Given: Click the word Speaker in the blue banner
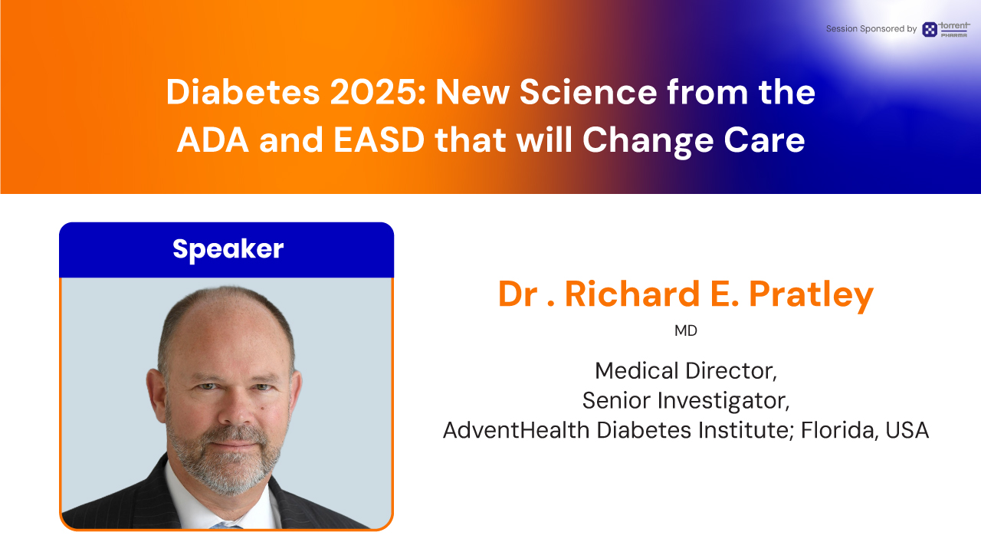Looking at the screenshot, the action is pyautogui.click(x=228, y=249).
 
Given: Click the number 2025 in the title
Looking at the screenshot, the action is pyautogui.click(x=378, y=93).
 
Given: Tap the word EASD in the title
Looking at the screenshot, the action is pyautogui.click(x=379, y=140).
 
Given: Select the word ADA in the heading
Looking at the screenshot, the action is pyautogui.click(x=213, y=140).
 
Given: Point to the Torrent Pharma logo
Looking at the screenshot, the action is pyautogui.click(x=946, y=29).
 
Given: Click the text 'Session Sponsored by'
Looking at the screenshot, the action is pyautogui.click(x=871, y=29).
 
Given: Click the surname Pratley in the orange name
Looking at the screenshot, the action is pyautogui.click(x=811, y=294).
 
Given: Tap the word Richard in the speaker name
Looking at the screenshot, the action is pyautogui.click(x=632, y=294).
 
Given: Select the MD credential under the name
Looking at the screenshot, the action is pyautogui.click(x=686, y=330).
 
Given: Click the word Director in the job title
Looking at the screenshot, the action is pyautogui.click(x=731, y=371).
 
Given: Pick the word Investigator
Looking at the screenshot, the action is pyautogui.click(x=723, y=400).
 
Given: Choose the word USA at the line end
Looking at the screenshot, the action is pyautogui.click(x=907, y=430).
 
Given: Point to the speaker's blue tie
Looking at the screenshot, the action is pyautogui.click(x=225, y=525).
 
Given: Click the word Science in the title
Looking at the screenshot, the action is pyautogui.click(x=588, y=93).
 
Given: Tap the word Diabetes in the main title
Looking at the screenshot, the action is pyautogui.click(x=243, y=93).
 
